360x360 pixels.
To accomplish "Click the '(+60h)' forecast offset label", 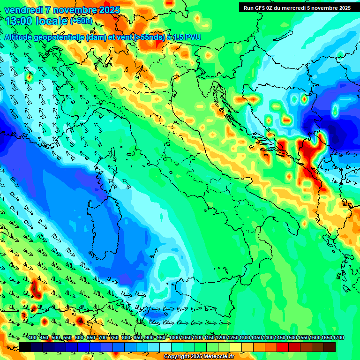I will (81, 21).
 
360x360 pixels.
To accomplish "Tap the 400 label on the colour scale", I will (32, 338).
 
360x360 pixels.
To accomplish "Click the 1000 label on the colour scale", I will (174, 338).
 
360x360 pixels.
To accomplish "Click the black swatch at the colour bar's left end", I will (25, 347).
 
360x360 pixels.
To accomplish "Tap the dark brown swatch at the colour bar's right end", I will (330, 347).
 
